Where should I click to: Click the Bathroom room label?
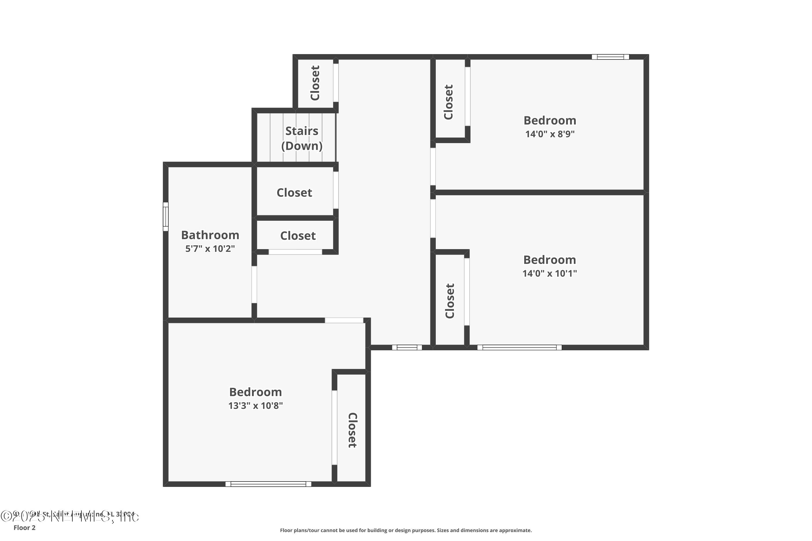click(x=210, y=235)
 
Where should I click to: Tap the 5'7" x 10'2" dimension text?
click(x=210, y=249)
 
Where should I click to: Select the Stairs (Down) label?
click(x=302, y=138)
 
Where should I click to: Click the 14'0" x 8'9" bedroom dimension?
click(x=550, y=134)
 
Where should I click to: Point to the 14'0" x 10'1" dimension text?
click(x=550, y=273)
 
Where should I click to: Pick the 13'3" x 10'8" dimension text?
click(x=256, y=405)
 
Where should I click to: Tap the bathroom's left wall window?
click(x=166, y=217)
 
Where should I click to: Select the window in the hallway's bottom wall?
click(x=407, y=347)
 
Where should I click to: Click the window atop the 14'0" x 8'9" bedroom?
click(x=610, y=57)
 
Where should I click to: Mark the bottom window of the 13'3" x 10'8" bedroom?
click(x=268, y=484)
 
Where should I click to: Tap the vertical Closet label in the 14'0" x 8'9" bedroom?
click(x=448, y=102)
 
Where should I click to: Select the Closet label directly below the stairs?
click(x=294, y=193)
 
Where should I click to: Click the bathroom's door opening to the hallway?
click(x=254, y=285)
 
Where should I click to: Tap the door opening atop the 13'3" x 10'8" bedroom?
click(x=344, y=321)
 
